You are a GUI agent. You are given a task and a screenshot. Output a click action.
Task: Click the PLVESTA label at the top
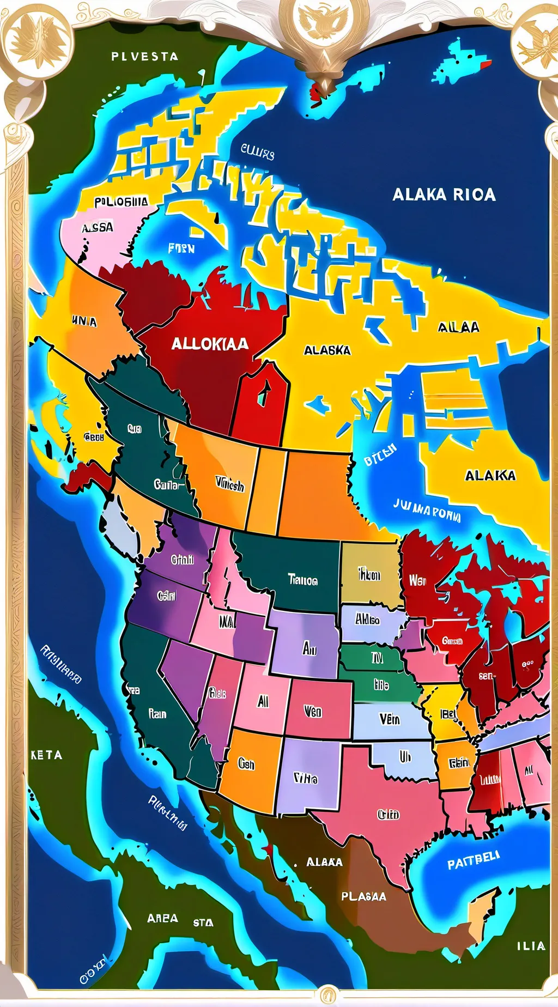(x=144, y=56)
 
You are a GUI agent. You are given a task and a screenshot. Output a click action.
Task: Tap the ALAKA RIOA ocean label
(x=444, y=195)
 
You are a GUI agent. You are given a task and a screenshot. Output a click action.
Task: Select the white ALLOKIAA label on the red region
(x=210, y=344)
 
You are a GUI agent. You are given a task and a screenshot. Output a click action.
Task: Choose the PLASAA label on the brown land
(x=363, y=896)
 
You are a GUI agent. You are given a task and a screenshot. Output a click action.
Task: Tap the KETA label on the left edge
(x=46, y=755)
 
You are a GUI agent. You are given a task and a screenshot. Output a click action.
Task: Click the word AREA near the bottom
(x=162, y=918)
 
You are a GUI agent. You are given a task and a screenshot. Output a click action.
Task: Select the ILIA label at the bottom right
(x=531, y=946)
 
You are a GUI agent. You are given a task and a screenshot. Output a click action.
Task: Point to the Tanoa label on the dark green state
(x=302, y=580)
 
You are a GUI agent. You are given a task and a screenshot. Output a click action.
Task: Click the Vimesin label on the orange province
(x=229, y=484)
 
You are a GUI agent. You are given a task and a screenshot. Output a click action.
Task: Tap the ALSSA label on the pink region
(x=98, y=227)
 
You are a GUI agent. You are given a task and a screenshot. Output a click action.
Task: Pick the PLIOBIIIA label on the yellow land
(x=120, y=202)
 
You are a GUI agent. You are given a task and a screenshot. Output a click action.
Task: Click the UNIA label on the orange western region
(x=84, y=321)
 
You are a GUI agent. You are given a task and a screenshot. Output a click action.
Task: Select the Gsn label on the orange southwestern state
(x=246, y=764)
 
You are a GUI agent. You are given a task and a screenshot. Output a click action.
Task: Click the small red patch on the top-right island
(x=486, y=65)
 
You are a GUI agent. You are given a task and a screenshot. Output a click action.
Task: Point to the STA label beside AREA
(x=203, y=923)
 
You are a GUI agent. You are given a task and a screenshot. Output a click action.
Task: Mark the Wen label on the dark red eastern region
(x=417, y=581)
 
